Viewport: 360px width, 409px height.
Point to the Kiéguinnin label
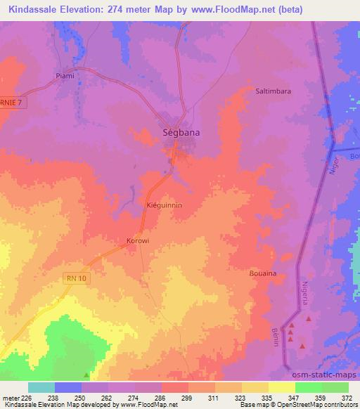pyautogui.click(x=164, y=205)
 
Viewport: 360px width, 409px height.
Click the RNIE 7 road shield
pyautogui.click(x=11, y=102)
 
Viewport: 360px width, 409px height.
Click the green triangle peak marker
pyautogui.click(x=86, y=375)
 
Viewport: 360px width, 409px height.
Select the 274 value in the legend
pyautogui.click(x=124, y=398)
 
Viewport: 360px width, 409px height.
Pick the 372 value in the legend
pyautogui.click(x=345, y=398)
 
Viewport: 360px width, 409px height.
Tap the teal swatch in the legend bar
pyautogui.click(x=41, y=387)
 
